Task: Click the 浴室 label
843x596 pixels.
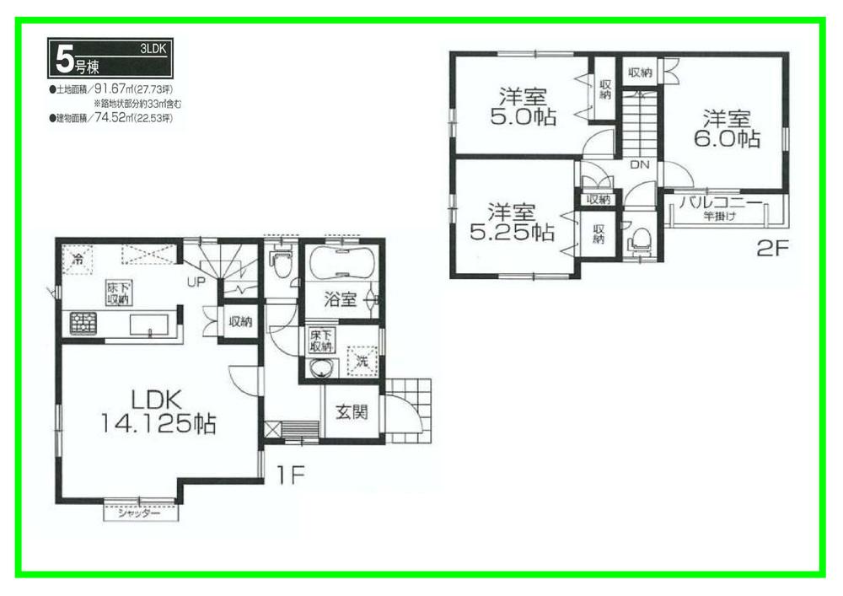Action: [x=341, y=299]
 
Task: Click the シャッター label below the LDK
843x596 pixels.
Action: [x=139, y=513]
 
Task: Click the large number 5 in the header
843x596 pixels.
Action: [x=63, y=59]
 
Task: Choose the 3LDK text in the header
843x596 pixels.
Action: [x=153, y=51]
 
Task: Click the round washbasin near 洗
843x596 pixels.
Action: [x=319, y=368]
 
